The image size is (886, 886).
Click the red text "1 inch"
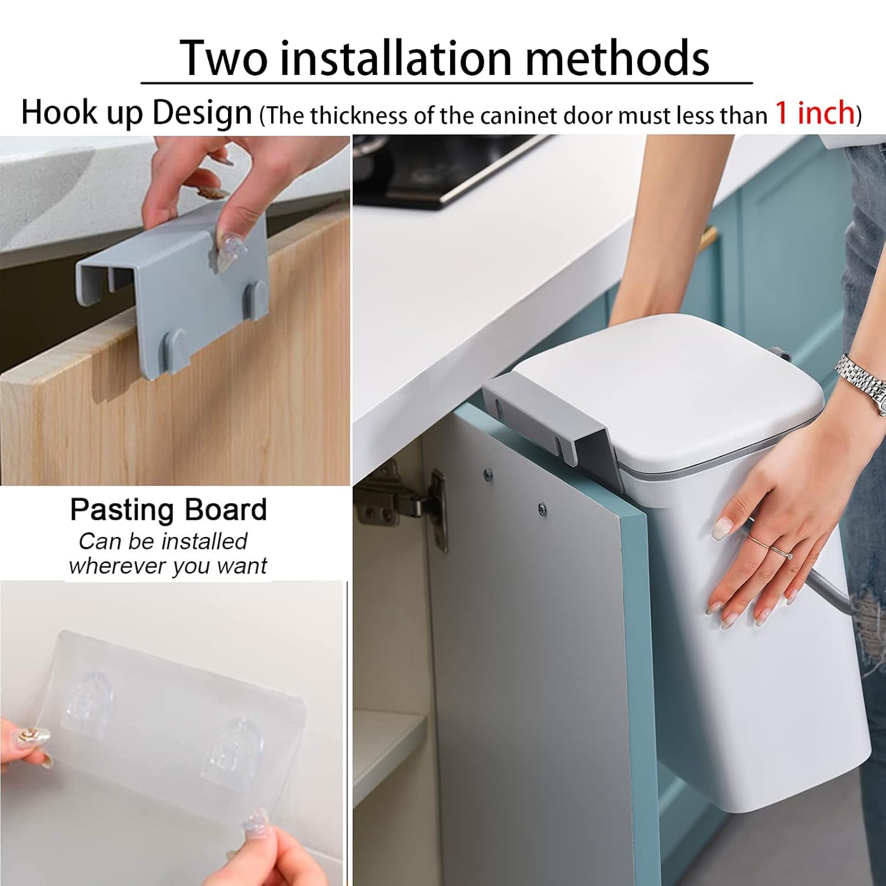(x=815, y=112)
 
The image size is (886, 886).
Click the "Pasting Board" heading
(x=168, y=510)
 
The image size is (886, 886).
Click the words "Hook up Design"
(x=136, y=112)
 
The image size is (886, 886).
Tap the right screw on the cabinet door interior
(x=541, y=507)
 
